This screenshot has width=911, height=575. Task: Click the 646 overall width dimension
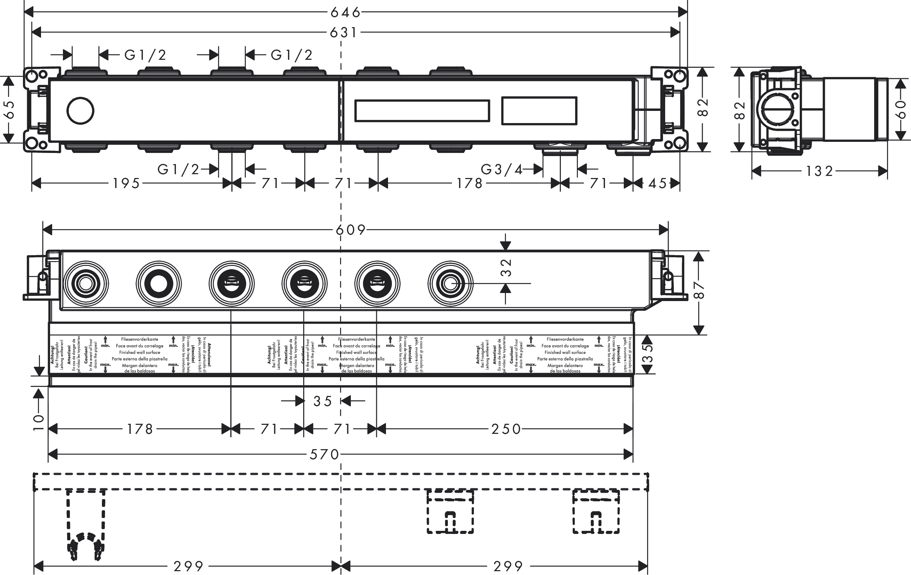(345, 13)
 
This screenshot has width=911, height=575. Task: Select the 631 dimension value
(343, 33)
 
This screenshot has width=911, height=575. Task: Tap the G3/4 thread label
(501, 169)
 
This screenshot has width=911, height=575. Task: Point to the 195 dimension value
(126, 184)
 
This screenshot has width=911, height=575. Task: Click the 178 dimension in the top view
(469, 184)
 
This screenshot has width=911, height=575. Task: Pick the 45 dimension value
(658, 184)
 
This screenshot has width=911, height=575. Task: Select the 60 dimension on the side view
(901, 109)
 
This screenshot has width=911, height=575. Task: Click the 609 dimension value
(351, 230)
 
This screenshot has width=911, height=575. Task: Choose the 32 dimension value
(506, 267)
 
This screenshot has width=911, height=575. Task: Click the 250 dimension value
(506, 429)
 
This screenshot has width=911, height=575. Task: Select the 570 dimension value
(324, 454)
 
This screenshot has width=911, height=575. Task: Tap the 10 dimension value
(39, 422)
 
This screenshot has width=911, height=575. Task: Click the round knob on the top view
(80, 111)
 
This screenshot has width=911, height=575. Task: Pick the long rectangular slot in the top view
(422, 111)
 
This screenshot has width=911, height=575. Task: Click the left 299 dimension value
(188, 567)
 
